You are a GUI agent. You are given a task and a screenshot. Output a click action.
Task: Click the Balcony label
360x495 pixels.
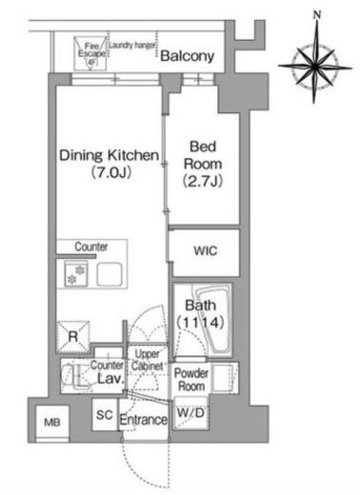coord(188,56)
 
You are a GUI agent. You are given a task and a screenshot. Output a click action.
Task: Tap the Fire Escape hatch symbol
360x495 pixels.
coord(91,53)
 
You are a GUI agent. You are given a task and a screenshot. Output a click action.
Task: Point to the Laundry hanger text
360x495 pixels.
coord(132,45)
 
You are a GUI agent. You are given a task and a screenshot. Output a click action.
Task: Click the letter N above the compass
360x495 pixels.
coord(317,14)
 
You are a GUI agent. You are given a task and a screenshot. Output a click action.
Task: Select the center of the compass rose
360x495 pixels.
coord(315,67)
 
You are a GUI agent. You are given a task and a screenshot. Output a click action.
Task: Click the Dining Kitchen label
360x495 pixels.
coord(110,155)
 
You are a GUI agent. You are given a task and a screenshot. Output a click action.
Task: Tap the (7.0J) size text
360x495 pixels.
coord(111,172)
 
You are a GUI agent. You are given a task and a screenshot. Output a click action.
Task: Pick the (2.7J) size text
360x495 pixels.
coord(203,181)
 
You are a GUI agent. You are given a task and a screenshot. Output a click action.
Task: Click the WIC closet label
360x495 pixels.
coord(206,250)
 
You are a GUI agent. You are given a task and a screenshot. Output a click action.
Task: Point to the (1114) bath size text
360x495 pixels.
coord(201,323)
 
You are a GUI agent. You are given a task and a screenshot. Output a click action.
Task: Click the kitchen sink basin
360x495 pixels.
coord(110,274)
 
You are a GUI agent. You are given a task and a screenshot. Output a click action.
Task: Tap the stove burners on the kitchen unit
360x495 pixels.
coord(76,274)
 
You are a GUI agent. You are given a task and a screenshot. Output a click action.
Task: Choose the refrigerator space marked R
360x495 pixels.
coord(73,337)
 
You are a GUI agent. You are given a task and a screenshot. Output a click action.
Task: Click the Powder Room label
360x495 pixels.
coord(191,380)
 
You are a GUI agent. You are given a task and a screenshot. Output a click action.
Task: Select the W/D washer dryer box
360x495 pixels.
coord(190,413)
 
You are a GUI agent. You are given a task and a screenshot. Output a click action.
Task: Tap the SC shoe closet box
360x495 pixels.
coord(105,414)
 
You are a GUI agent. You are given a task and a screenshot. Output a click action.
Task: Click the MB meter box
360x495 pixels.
coord(52,423)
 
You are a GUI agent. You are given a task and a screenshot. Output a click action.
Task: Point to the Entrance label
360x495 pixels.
coord(144,420)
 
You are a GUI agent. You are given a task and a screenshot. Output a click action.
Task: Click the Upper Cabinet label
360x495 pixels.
coord(148,360)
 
